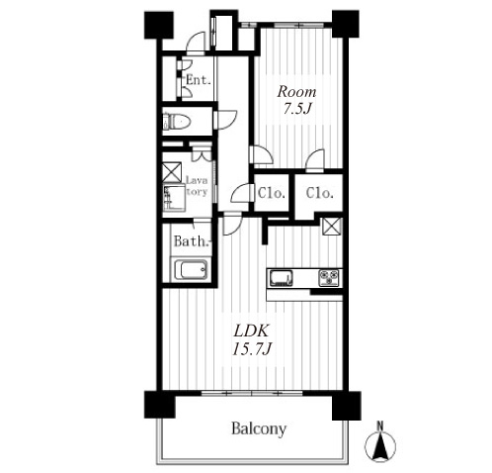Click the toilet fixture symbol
click(x=176, y=122)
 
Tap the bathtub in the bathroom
click(x=191, y=270)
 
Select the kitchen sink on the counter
click(x=282, y=278)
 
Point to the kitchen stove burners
click(x=328, y=278)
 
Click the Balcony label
click(x=259, y=428)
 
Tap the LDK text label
click(x=251, y=331)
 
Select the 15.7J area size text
click(x=252, y=348)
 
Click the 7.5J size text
click(x=297, y=109)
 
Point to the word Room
click(x=296, y=92)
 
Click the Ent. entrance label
click(x=199, y=80)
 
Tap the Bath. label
click(x=192, y=241)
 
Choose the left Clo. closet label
click(x=271, y=193)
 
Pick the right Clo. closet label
click(x=319, y=193)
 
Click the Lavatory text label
click(x=197, y=186)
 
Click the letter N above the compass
click(x=380, y=426)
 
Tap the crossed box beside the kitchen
click(x=332, y=227)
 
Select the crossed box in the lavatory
click(x=172, y=172)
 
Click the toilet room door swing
click(x=225, y=120)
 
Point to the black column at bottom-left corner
click(x=160, y=405)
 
